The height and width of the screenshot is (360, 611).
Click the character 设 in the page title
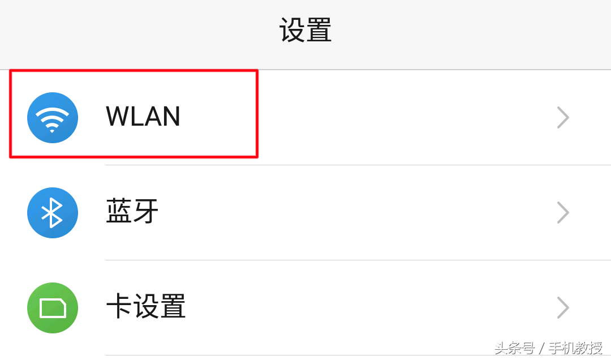point(292,31)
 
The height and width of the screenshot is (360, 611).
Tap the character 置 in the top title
point(319,31)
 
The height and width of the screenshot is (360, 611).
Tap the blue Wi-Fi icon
point(53,118)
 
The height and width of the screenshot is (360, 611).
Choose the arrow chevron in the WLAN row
point(563,118)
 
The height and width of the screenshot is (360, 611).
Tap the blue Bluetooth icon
point(53,213)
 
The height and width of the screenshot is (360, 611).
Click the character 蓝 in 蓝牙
point(119,212)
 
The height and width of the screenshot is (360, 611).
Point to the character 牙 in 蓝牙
point(146,212)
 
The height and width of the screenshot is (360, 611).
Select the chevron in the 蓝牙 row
point(563,213)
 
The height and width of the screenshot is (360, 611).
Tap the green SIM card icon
point(53,308)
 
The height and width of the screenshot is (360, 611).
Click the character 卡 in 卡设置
point(119,307)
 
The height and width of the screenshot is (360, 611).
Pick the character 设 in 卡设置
point(145,307)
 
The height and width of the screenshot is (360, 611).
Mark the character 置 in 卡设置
point(172,307)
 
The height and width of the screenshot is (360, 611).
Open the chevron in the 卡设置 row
point(563,308)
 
